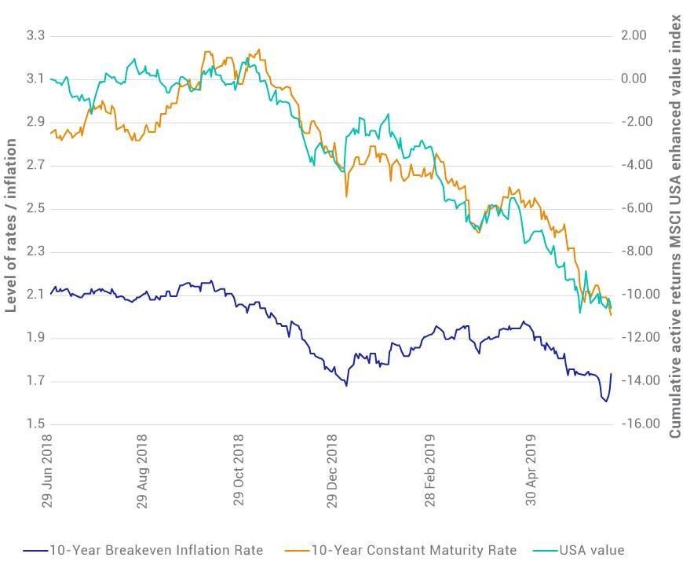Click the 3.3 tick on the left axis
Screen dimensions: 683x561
pos(35,35)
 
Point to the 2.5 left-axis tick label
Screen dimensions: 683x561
pos(35,208)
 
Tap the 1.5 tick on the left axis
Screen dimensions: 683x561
pos(35,423)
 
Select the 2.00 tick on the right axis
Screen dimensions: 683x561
pos(634,35)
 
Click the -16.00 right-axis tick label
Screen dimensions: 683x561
pos(641,423)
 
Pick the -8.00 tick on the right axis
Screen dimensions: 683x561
pos(637,251)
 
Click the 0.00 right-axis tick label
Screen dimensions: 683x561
pos(634,79)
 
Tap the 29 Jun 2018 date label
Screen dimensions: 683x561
pos(47,471)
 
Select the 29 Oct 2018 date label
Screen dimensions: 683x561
pos(239,470)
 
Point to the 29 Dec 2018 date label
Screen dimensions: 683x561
pos(332,471)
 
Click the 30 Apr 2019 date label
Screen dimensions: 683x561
pos(531,470)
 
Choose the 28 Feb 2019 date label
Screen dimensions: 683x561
pos(430,471)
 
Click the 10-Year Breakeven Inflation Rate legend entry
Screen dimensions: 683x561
pos(144,550)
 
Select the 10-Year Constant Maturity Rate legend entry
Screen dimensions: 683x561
pos(400,550)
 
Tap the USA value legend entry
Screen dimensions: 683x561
pos(578,550)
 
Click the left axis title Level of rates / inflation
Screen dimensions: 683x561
pos(10,225)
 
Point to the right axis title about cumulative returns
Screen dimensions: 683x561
pos(674,226)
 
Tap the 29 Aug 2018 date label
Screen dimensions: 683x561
pos(142,471)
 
